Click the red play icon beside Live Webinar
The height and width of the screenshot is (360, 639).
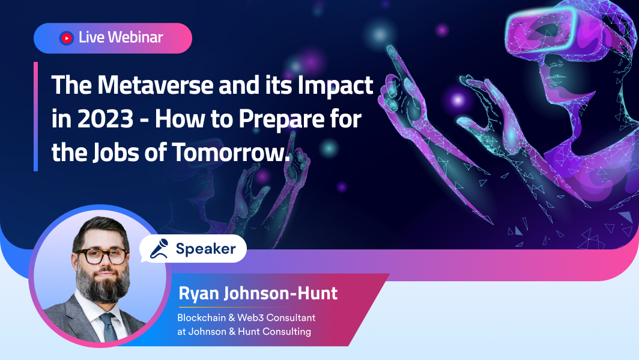tap(67, 38)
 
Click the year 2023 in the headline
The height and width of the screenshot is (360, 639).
tap(105, 118)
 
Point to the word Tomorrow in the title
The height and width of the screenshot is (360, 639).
tap(230, 152)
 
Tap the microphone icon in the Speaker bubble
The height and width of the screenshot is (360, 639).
tap(159, 249)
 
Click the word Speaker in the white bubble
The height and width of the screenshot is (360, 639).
tap(206, 249)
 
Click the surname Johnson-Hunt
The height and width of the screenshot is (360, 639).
tap(281, 293)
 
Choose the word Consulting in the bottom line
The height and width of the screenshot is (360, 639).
tap(286, 332)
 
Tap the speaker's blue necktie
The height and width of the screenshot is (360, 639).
tap(109, 327)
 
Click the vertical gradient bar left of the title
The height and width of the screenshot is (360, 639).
tap(36, 117)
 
